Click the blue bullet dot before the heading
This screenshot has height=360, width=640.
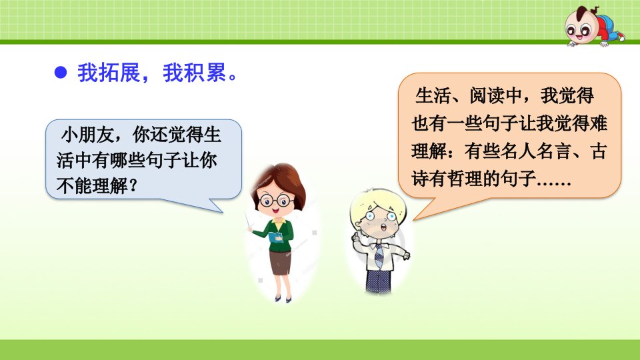[x=61, y=73]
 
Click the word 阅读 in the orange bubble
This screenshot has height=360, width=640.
[x=487, y=95]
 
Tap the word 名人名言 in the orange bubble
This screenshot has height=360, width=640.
[x=535, y=151]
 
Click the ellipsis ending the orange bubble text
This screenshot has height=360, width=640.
[x=554, y=183]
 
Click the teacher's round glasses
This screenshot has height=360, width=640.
[x=276, y=201]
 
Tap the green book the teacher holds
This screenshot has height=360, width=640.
[x=276, y=237]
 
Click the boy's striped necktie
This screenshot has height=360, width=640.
[x=379, y=255]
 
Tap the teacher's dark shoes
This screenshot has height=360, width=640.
[x=283, y=299]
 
